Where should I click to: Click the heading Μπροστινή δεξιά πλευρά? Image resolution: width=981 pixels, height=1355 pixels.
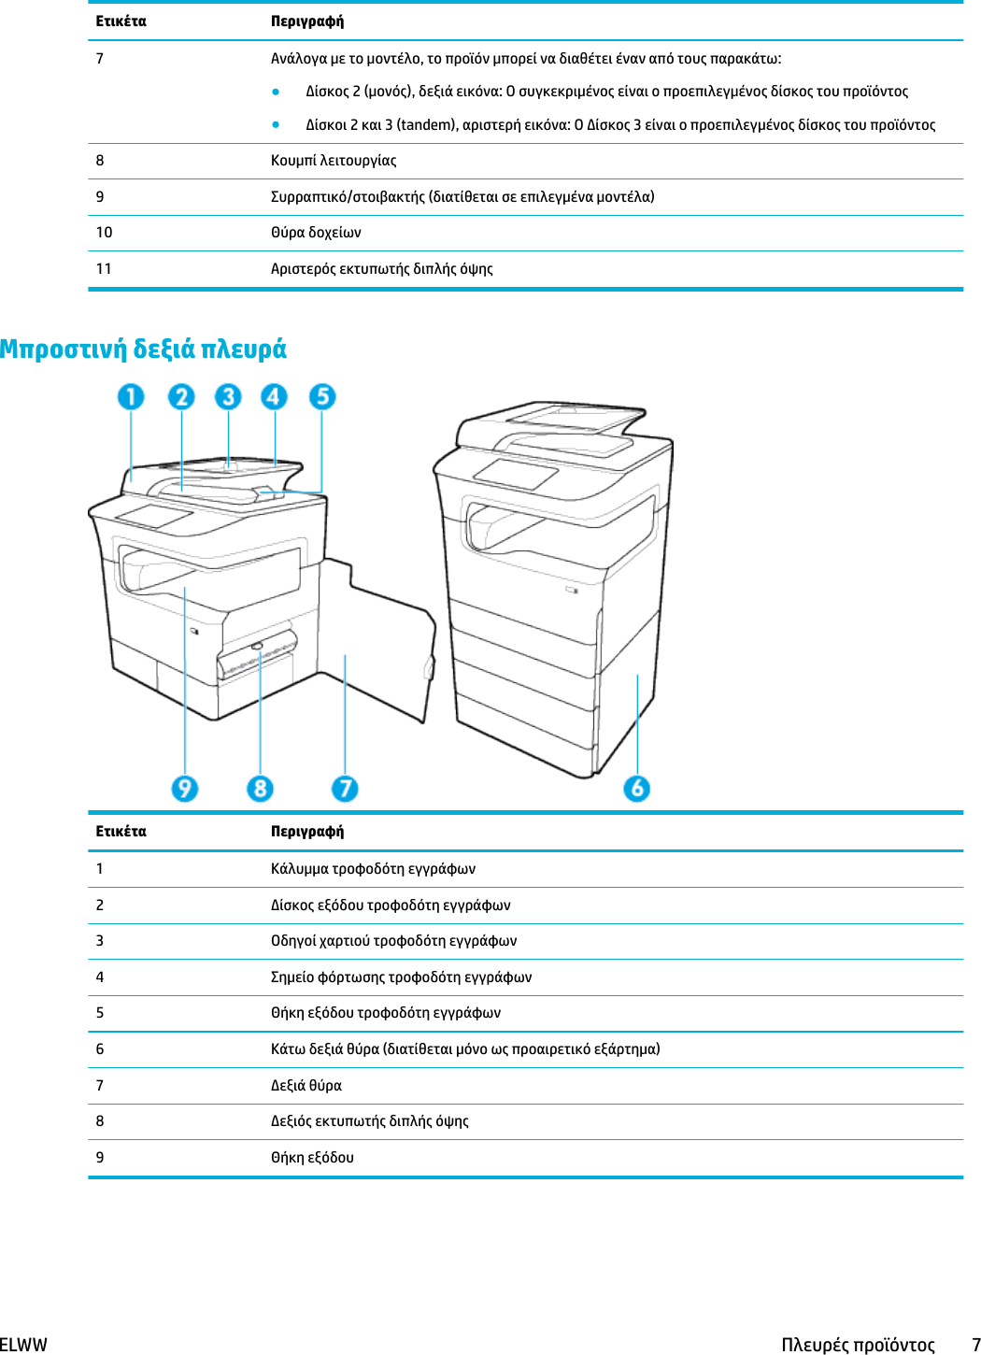[x=143, y=349]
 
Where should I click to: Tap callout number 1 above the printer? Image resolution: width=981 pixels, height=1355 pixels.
[x=131, y=397]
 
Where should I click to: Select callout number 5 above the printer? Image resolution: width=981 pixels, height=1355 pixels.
[x=322, y=397]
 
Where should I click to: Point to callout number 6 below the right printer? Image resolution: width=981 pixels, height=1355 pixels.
[x=637, y=789]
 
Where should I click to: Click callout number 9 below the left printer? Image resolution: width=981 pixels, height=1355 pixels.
[x=185, y=789]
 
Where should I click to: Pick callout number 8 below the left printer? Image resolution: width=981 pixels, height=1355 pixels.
[x=261, y=789]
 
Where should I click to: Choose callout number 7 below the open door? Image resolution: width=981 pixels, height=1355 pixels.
[x=345, y=789]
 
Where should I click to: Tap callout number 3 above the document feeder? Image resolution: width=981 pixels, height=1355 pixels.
[x=228, y=397]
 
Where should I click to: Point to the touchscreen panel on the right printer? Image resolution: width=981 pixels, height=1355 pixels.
[x=516, y=474]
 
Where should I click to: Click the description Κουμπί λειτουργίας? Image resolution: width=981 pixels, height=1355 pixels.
[x=334, y=161]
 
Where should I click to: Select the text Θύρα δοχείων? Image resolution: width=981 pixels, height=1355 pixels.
[x=316, y=233]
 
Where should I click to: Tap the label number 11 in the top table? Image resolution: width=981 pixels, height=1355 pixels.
[x=104, y=269]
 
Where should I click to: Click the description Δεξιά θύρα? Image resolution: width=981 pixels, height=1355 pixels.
[x=306, y=1086]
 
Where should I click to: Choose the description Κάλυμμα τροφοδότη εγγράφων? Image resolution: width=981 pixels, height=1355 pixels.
[x=373, y=869]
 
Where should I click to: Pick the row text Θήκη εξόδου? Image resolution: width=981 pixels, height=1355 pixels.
[x=312, y=1158]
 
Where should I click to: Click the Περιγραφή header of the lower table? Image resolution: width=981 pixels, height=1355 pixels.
[x=307, y=832]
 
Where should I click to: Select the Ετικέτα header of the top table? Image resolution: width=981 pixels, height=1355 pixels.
[x=121, y=21]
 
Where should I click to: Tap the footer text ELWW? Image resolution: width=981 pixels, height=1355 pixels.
[x=23, y=1345]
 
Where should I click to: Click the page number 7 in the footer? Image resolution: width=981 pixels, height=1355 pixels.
[x=975, y=1345]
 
